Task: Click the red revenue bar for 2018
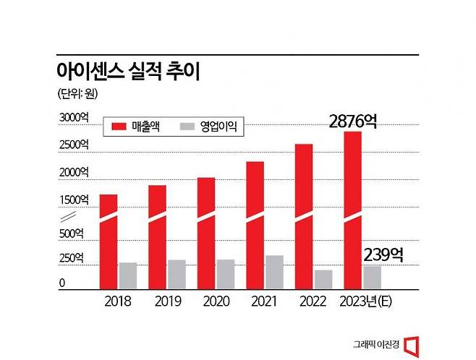[x=109, y=241]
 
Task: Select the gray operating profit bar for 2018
[x=128, y=275]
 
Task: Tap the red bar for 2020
[x=206, y=233]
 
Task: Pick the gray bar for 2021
[x=274, y=272]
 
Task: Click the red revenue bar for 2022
[x=304, y=217]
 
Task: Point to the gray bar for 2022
[x=323, y=279]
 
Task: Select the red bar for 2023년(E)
[x=353, y=210]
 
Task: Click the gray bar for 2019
[x=177, y=275]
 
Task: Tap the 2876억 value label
[x=353, y=121]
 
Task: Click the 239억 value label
[x=383, y=255]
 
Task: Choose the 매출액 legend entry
[x=136, y=127]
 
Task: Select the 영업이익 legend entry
[x=208, y=127]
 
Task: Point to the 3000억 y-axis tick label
[x=74, y=117]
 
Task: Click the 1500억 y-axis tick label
[x=74, y=200]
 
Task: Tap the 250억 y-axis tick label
[x=72, y=258]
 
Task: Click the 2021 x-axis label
[x=264, y=301]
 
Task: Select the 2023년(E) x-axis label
[x=366, y=301]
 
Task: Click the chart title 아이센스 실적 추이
[x=129, y=72]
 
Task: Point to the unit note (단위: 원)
[x=77, y=94]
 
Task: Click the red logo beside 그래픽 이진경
[x=412, y=346]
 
